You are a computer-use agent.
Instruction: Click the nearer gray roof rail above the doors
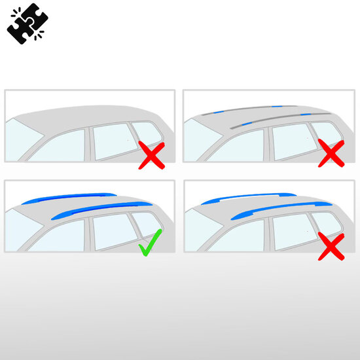[288, 118]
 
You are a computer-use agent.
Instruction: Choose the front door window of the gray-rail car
[238, 146]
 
